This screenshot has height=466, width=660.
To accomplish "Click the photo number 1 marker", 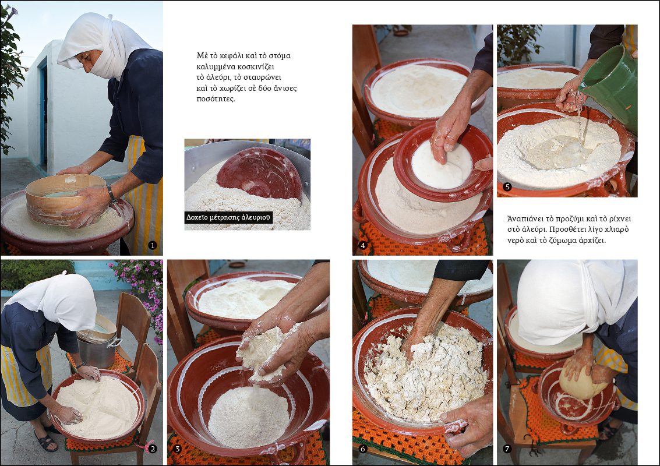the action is click(x=153, y=245).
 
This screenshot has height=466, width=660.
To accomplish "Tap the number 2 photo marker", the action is click(x=153, y=449).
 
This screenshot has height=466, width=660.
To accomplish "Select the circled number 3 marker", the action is click(x=177, y=449).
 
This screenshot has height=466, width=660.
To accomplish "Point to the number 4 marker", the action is click(x=362, y=245).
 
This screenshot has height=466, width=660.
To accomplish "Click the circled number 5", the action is click(x=507, y=186).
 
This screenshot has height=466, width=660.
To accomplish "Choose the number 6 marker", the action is click(x=362, y=449).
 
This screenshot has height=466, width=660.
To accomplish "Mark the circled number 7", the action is click(x=507, y=449).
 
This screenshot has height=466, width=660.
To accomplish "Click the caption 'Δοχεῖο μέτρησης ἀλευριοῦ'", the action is click(x=228, y=217).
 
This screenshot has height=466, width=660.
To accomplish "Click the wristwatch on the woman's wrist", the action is click(x=111, y=193).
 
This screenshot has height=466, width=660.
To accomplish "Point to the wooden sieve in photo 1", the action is click(x=63, y=198).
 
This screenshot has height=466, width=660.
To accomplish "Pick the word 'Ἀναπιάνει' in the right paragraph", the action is click(x=524, y=219).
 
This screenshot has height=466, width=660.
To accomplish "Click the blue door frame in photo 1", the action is click(x=43, y=114).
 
